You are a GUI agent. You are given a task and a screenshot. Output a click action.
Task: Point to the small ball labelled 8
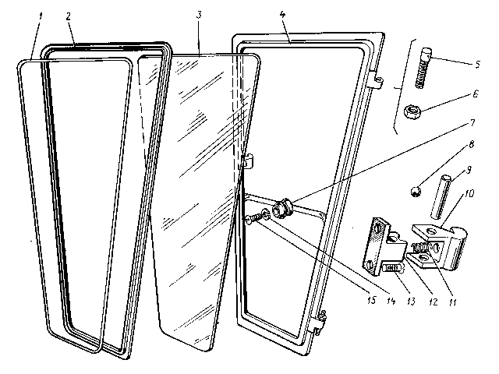point(416,190)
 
